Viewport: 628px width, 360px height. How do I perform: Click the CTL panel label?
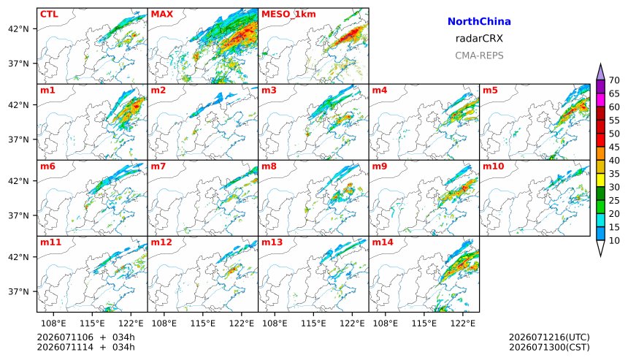pos(49,14)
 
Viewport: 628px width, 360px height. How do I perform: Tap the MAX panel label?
pos(162,14)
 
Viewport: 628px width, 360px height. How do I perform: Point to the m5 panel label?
pos(490,90)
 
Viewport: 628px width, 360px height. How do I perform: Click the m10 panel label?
pos(493,166)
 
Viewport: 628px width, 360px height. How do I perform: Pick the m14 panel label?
pos(383,242)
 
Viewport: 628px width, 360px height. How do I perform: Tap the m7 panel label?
pos(158,166)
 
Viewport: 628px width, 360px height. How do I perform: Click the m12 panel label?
pos(161,242)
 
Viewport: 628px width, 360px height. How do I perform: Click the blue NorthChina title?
pos(479,22)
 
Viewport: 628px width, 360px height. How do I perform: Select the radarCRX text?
pos(479,39)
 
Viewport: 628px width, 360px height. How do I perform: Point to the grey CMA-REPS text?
pos(479,55)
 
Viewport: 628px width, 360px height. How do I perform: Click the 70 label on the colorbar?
pos(614,80)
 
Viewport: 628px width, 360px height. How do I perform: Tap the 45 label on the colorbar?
pos(614,148)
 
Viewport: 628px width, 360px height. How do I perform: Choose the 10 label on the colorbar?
pos(614,241)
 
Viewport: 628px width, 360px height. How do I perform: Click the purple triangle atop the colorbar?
pos(600,73)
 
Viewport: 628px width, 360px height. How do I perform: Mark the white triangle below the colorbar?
pos(600,247)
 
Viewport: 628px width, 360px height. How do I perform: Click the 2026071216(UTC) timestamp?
pos(549,337)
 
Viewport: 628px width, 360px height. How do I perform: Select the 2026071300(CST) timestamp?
pos(549,347)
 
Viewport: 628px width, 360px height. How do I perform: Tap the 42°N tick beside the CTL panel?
pos(19,29)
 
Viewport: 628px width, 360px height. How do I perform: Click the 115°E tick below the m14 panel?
pos(424,323)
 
